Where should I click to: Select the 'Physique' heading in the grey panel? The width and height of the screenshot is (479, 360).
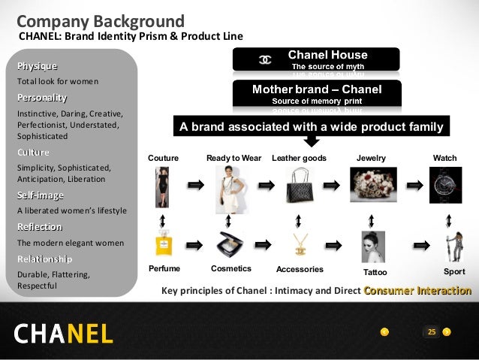(37, 66)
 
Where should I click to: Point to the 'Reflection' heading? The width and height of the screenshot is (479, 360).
(40, 227)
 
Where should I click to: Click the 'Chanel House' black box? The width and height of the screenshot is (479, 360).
(316, 59)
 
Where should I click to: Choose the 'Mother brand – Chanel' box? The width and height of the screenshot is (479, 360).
(316, 94)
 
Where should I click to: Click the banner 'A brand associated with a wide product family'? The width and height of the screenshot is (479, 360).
(312, 128)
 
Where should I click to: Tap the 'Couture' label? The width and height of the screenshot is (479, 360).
(163, 159)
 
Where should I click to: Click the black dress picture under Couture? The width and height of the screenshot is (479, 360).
(163, 184)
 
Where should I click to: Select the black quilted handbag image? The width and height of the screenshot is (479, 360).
(298, 185)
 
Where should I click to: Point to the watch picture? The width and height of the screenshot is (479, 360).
(445, 185)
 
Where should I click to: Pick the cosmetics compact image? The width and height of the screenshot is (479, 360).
(230, 244)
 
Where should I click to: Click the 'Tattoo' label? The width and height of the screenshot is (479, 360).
(375, 272)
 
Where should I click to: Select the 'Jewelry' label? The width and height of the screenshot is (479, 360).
(371, 159)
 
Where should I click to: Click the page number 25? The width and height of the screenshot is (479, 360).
(431, 331)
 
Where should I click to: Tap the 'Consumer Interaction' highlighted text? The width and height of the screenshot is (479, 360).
(417, 291)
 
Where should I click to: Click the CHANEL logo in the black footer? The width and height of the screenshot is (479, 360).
(63, 332)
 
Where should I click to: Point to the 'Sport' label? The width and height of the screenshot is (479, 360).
(455, 271)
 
